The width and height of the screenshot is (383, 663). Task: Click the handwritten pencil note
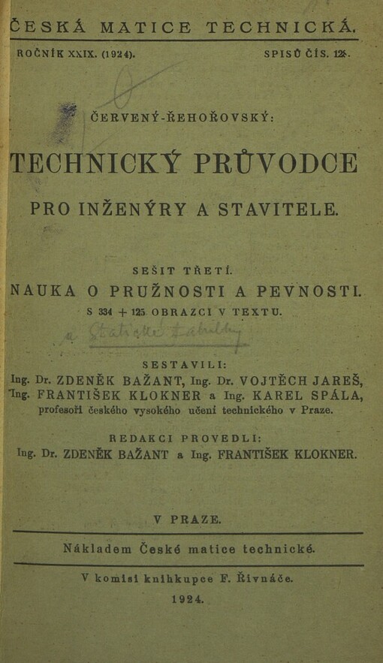coord(165,332)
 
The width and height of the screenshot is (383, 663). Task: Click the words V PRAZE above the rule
coord(187,519)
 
